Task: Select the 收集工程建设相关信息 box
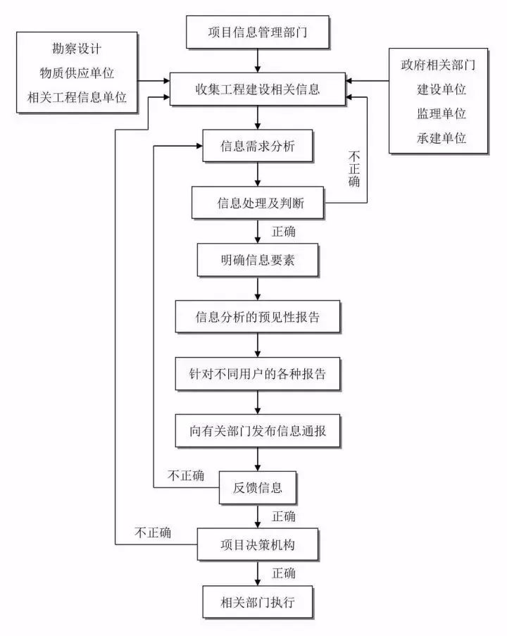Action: [x=258, y=89]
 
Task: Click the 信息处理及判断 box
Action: [x=258, y=204]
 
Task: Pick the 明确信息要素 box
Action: [x=258, y=261]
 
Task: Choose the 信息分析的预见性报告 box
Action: [x=258, y=317]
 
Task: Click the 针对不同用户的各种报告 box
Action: [x=258, y=374]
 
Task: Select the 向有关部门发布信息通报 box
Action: [x=258, y=430]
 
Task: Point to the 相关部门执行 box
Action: [x=258, y=601]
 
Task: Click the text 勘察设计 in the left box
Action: [x=77, y=50]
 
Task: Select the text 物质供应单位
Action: [x=77, y=73]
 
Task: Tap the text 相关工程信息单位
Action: [x=77, y=96]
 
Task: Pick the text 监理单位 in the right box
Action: [x=442, y=113]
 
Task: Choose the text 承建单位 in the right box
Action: [x=442, y=137]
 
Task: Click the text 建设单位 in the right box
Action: [x=442, y=90]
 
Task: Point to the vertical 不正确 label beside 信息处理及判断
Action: [x=354, y=170]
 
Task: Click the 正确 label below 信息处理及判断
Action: [x=283, y=232]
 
